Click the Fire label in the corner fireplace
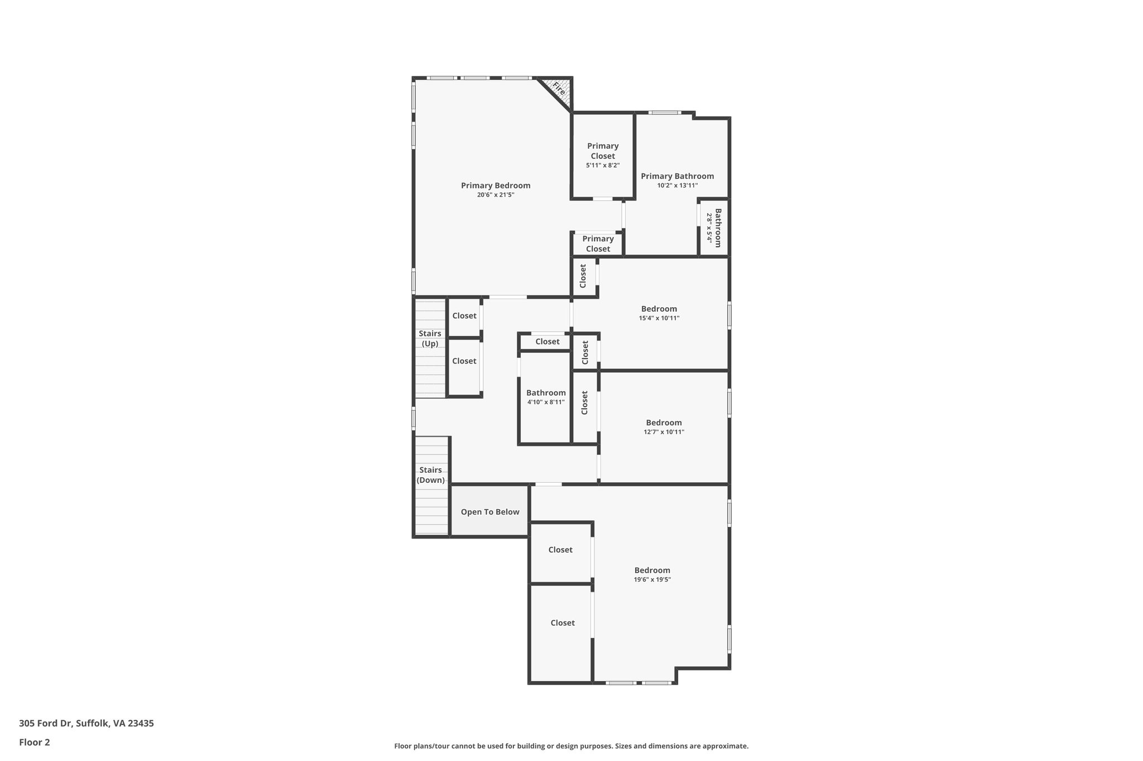tap(559, 89)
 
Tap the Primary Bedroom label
tap(496, 186)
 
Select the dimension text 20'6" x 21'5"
tap(496, 195)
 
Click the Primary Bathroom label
tap(677, 176)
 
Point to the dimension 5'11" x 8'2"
tap(603, 166)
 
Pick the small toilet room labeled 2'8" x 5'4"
tap(714, 227)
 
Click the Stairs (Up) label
tap(430, 338)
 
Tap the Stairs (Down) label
tap(430, 475)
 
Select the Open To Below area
tap(490, 512)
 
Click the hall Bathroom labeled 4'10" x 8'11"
tap(546, 396)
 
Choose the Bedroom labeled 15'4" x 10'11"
tap(659, 313)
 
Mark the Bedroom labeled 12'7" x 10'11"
tap(664, 426)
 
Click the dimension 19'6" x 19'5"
tap(652, 579)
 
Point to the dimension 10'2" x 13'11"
tap(677, 186)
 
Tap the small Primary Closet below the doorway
tap(598, 244)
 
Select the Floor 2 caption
tap(35, 742)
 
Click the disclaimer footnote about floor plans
tap(571, 746)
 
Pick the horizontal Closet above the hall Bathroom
tap(547, 342)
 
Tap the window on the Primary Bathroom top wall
tap(665, 113)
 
